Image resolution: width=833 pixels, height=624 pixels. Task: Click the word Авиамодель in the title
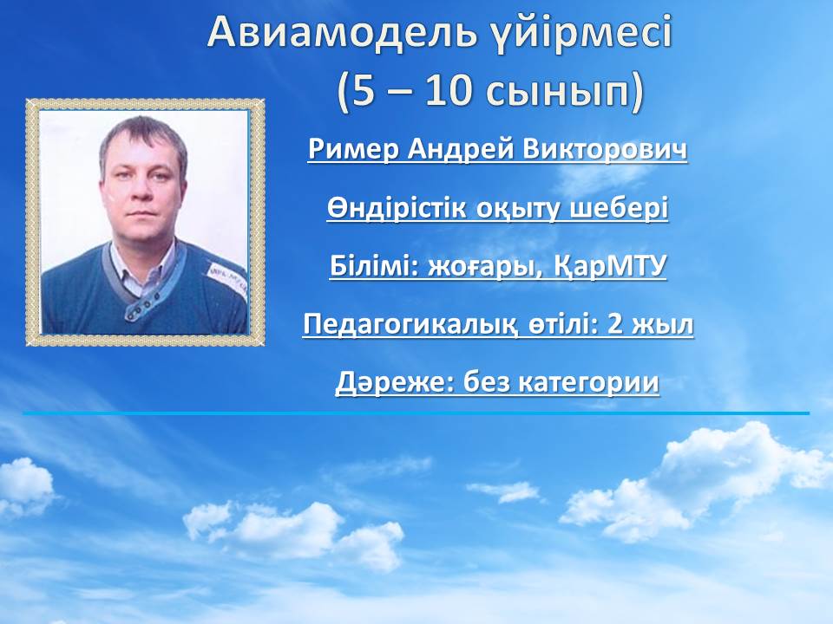tap(342, 33)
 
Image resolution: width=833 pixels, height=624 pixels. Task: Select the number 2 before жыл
tap(614, 323)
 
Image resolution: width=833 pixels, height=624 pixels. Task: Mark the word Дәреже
tap(394, 383)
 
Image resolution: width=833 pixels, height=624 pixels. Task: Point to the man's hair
tap(142, 138)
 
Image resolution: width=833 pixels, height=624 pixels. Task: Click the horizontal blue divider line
tap(416, 413)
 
